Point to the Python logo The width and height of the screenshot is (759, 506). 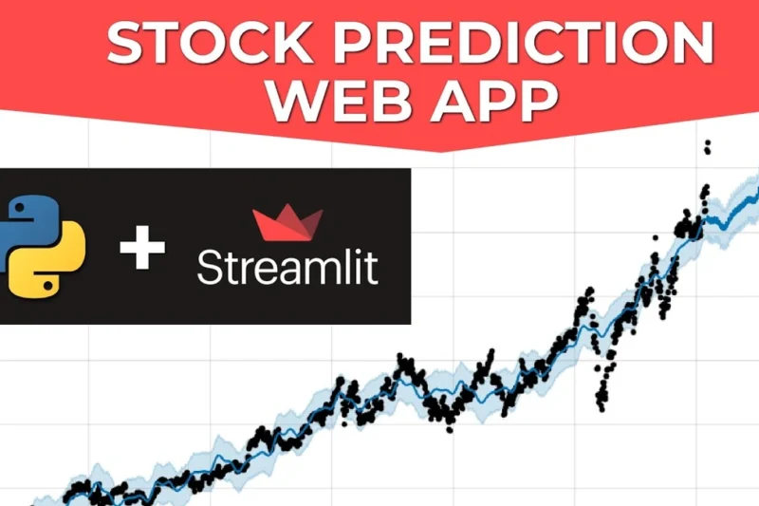pos(43,245)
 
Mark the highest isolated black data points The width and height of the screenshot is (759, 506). pos(706,146)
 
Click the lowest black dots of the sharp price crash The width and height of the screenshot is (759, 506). pos(601,403)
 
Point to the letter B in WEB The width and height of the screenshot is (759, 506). pos(379,101)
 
